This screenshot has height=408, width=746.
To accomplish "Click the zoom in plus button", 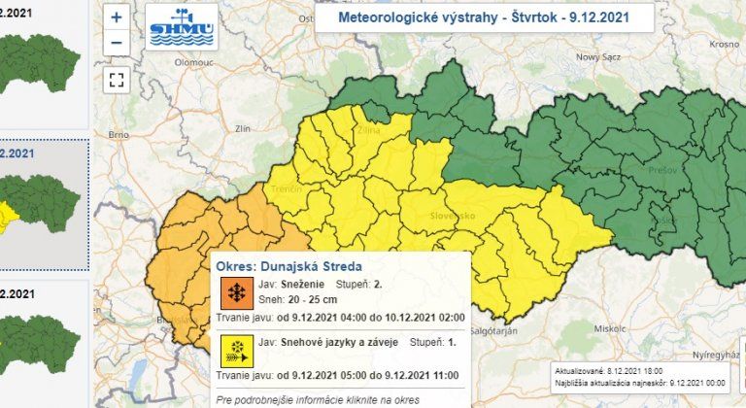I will click(x=117, y=17).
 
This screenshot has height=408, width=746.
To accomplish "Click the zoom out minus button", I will click(x=117, y=42).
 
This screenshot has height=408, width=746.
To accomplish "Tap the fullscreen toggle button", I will click(x=117, y=80).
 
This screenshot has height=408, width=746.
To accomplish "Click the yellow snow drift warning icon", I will click(x=234, y=348).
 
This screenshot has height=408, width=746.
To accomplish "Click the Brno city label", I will click(x=119, y=134).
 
